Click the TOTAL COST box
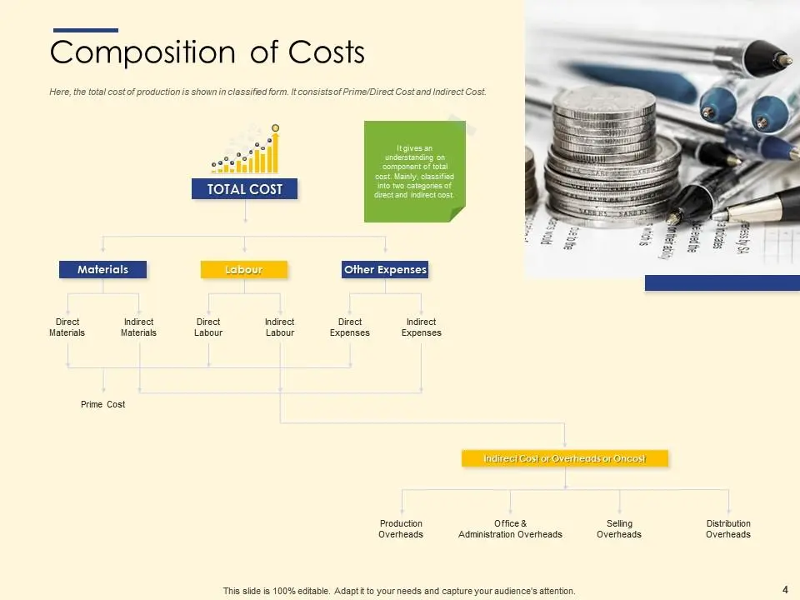[245, 189]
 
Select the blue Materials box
[102, 269]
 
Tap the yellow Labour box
[244, 269]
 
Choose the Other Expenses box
[385, 269]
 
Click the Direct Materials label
[67, 327]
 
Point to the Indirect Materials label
[138, 327]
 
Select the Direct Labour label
[208, 327]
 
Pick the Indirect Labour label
[280, 327]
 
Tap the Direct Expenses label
[350, 327]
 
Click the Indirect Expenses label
[422, 327]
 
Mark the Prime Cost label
[103, 404]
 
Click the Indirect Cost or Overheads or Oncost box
[565, 458]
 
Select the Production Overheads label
[401, 529]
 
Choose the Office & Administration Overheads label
[510, 529]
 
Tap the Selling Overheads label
[619, 529]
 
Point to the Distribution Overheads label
[728, 529]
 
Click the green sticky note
[414, 171]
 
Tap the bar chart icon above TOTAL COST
[246, 150]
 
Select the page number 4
[785, 589]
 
